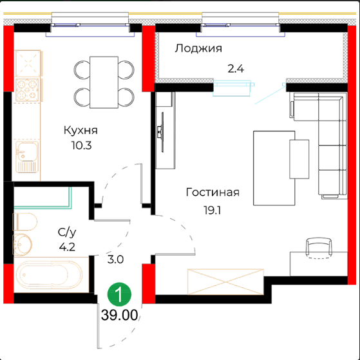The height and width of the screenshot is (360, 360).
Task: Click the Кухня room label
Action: pyautogui.click(x=81, y=130)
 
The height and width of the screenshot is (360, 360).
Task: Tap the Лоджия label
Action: pyautogui.click(x=198, y=48)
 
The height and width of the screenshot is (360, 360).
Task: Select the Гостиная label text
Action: pyautogui.click(x=213, y=192)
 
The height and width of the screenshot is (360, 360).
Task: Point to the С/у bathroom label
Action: pyautogui.click(x=67, y=232)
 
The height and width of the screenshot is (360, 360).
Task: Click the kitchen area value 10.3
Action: pyautogui.click(x=82, y=146)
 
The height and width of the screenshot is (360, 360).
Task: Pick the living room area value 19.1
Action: pyautogui.click(x=212, y=210)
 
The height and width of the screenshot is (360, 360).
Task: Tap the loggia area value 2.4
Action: pyautogui.click(x=236, y=69)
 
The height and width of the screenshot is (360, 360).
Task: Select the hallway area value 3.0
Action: pyautogui.click(x=115, y=260)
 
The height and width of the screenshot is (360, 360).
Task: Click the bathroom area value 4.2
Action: pyautogui.click(x=67, y=247)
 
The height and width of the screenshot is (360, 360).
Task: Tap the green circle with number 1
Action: pyautogui.click(x=119, y=294)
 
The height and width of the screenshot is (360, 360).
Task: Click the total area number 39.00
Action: pyautogui.click(x=119, y=315)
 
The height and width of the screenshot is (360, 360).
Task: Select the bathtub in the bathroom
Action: pyautogui.click(x=50, y=274)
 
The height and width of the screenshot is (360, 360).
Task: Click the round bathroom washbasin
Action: pyautogui.click(x=23, y=245)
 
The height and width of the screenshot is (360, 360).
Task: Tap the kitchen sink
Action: pyautogui.click(x=27, y=156)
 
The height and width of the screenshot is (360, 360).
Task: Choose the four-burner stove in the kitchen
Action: pyautogui.click(x=27, y=90)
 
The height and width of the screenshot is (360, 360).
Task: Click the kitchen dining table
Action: pyautogui.click(x=104, y=82)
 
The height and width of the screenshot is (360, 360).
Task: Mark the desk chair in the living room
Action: pyautogui.click(x=319, y=248)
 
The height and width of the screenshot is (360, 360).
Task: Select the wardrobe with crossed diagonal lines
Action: pyautogui.click(x=225, y=281)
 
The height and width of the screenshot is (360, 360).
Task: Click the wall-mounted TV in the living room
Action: pyautogui.click(x=161, y=132)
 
